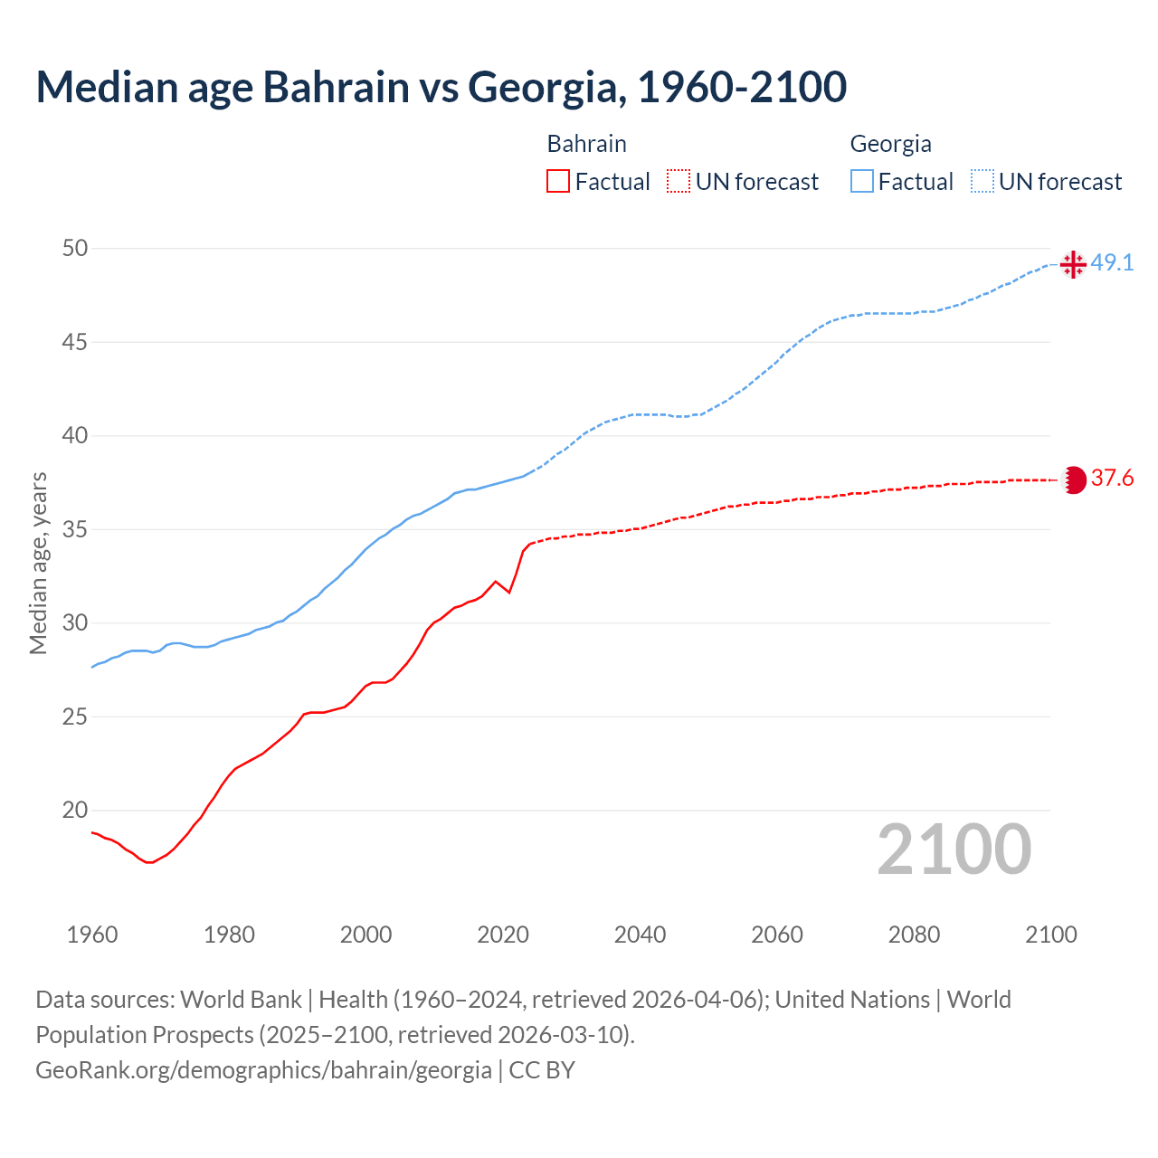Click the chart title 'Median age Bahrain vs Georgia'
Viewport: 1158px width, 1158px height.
point(441,87)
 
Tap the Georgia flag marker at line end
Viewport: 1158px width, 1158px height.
point(1073,264)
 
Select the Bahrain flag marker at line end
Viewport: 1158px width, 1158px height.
point(1073,479)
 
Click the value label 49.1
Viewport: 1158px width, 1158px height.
point(1112,263)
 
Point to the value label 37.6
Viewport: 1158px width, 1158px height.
point(1112,479)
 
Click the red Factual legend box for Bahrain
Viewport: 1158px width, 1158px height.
point(558,182)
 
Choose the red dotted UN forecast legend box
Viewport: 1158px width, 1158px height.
point(679,182)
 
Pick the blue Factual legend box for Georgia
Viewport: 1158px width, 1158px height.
point(862,182)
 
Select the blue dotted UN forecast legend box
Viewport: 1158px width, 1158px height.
point(982,182)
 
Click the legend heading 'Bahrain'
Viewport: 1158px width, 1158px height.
point(586,144)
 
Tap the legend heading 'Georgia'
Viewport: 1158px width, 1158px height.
point(890,144)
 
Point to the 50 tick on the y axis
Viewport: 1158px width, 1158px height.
point(75,248)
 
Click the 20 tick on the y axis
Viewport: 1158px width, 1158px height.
point(75,811)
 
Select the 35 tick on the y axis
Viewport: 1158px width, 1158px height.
point(75,529)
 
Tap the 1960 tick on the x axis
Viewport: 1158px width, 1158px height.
point(92,935)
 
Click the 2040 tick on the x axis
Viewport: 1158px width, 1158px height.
point(640,935)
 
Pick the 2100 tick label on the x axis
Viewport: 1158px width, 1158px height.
point(1051,935)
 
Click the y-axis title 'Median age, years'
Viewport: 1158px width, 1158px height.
point(38,563)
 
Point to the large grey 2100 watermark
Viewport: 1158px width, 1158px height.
point(954,849)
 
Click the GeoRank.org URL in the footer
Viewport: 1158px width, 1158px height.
point(263,1070)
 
